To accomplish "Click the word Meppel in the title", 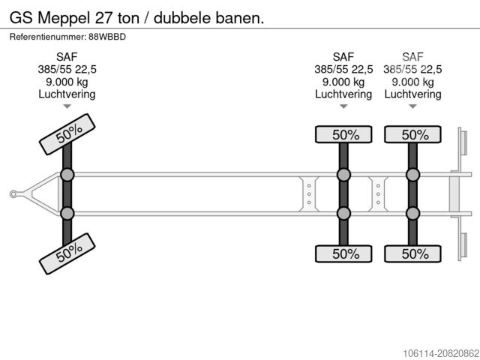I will point(63,16).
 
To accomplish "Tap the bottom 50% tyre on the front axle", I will point(67,255).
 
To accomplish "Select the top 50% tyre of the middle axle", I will point(343,135).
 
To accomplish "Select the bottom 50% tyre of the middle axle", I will point(343,253).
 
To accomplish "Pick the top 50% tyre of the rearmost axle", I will point(412,135).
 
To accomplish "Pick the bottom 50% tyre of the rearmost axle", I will point(412,253).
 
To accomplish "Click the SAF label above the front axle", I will point(67,57).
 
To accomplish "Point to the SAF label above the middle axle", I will point(343,57).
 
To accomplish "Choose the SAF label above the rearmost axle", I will point(412,57).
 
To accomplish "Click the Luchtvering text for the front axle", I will point(67,94).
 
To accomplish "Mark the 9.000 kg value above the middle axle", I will point(343,82).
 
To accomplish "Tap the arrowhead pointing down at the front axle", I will point(67,106).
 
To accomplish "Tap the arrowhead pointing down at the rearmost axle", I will point(412,106).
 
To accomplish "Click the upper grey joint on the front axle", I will point(67,175).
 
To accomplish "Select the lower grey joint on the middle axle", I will point(343,214).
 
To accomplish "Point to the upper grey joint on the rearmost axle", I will point(412,175).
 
